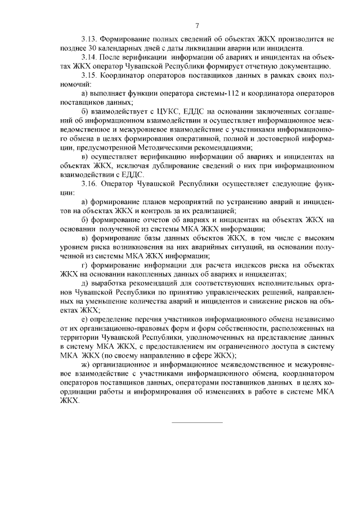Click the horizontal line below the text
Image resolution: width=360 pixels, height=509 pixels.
click(x=196, y=422)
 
